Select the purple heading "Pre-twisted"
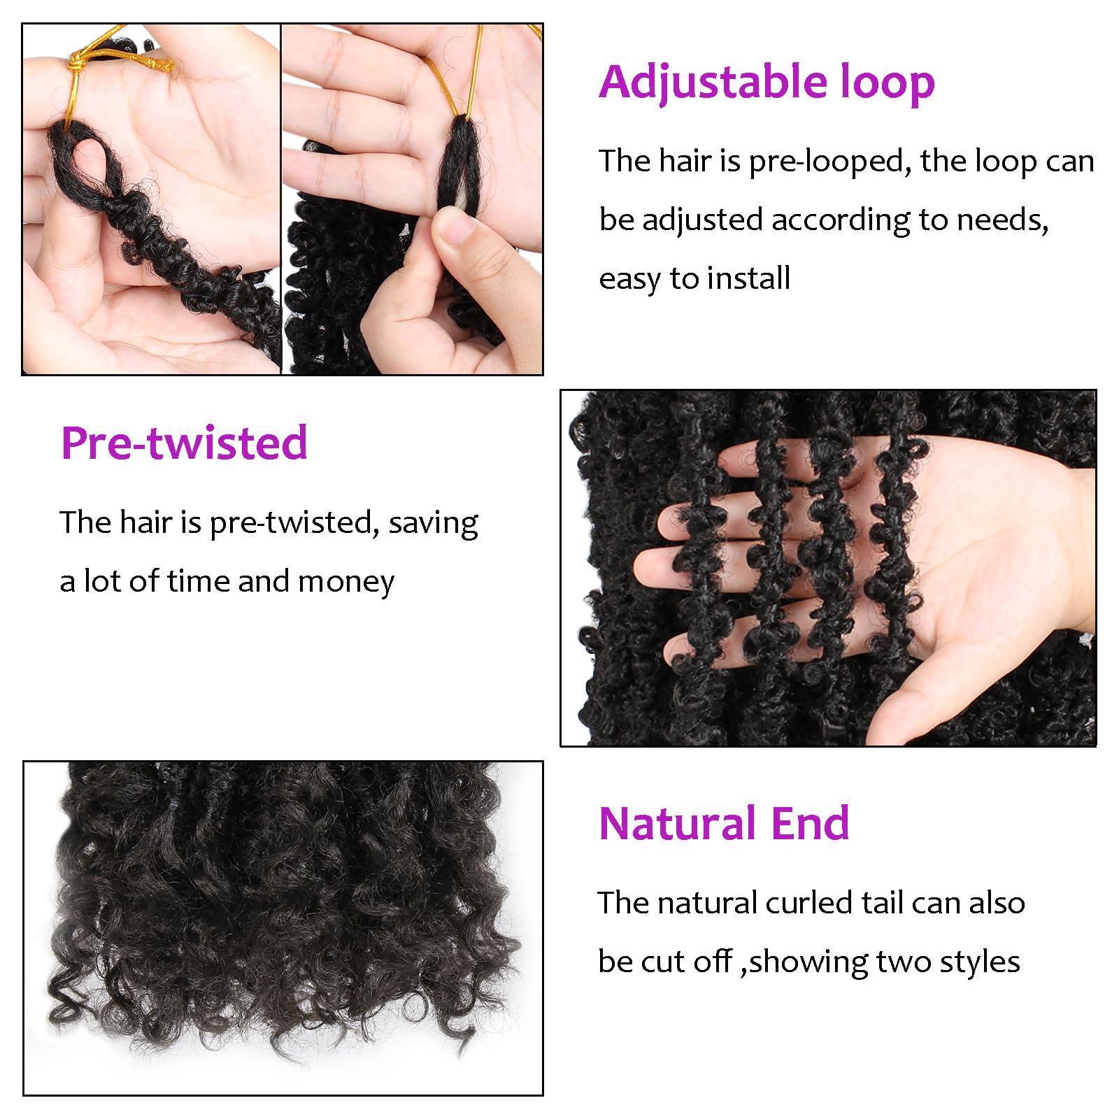(184, 443)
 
